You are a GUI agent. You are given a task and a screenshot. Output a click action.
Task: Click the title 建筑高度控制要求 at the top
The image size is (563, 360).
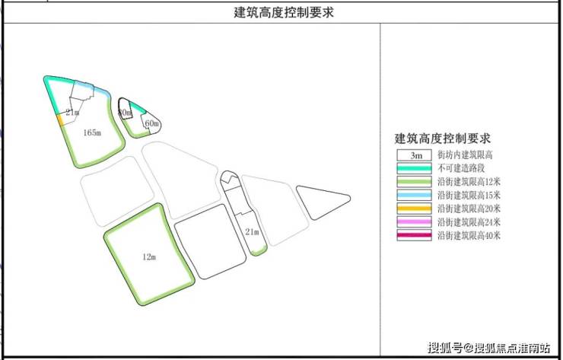coord(283,12)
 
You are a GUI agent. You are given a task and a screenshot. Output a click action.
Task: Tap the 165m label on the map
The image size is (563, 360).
coord(91,132)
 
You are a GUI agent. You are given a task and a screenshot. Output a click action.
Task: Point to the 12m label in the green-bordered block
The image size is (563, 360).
coord(149,257)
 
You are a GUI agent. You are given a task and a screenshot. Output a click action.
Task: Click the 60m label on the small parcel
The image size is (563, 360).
coord(151,123)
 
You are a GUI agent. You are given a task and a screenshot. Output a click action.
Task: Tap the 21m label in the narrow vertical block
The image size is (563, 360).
coord(253,231)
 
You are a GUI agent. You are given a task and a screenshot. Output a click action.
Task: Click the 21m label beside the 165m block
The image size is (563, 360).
coord(72,113)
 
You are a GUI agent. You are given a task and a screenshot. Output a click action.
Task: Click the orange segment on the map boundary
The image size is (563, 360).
coord(59,120)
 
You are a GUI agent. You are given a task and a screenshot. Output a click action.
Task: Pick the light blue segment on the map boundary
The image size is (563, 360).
coord(99,92)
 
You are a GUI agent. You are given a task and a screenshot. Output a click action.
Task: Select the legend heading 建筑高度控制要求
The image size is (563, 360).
coord(442,139)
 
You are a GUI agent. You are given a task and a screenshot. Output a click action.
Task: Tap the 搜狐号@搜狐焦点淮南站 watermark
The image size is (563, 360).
coord(489,349)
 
